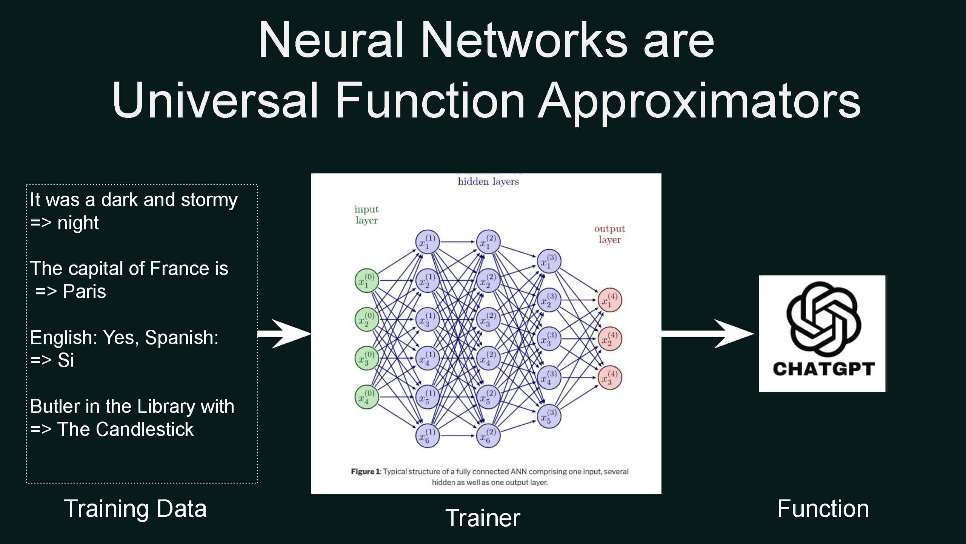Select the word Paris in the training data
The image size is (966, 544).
84,291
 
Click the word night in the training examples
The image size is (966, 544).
78,223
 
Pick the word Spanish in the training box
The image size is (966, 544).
182,337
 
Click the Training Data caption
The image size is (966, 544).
135,508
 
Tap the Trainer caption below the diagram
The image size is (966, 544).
483,518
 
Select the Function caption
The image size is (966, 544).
823,508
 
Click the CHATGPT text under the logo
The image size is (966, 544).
823,369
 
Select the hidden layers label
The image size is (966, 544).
488,182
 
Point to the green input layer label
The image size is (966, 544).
366,215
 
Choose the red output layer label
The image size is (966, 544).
609,234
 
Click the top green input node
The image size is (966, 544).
366,281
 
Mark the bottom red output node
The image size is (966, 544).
610,377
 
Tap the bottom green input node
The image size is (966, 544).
366,397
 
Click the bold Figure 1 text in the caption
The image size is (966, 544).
365,471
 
